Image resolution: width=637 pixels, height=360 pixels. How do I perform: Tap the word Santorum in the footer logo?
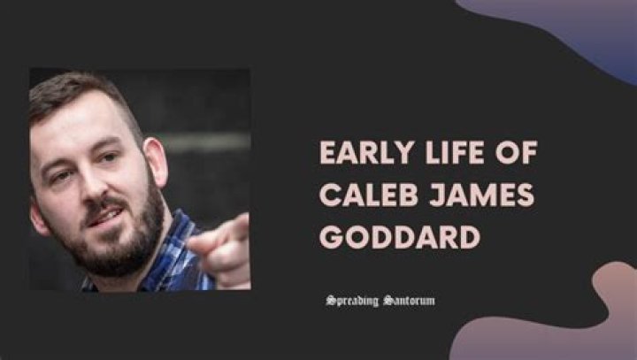click(x=408, y=301)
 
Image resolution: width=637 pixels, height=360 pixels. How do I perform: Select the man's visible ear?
click(x=155, y=159)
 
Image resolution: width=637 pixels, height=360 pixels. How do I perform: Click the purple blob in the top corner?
click(x=566, y=31)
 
